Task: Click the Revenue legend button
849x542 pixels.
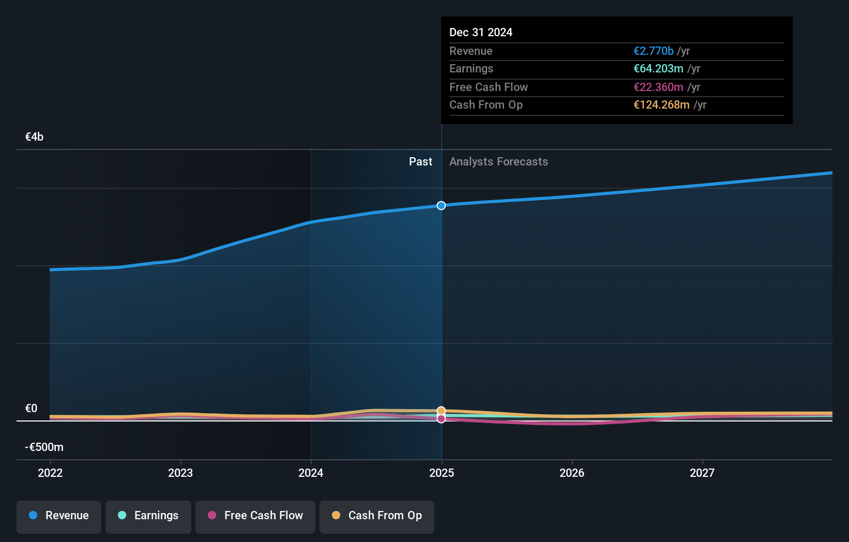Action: (x=59, y=516)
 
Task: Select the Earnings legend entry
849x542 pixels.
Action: (x=148, y=516)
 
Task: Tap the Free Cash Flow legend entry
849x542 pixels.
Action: (x=255, y=516)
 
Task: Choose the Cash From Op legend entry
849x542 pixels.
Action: (x=377, y=516)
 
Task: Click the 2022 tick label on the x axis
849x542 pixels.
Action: (x=50, y=473)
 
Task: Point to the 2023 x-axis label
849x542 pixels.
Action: (x=180, y=473)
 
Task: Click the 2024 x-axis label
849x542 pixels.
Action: (x=311, y=473)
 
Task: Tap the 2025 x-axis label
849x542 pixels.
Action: (x=442, y=473)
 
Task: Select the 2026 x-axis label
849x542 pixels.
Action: (x=572, y=473)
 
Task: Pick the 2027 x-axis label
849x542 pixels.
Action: (x=702, y=473)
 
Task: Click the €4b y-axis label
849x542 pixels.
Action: (x=34, y=137)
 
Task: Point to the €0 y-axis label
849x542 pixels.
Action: (x=31, y=409)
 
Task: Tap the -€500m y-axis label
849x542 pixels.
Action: (x=44, y=447)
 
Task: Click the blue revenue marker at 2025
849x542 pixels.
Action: (x=441, y=206)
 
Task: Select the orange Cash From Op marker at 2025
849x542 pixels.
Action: (x=441, y=411)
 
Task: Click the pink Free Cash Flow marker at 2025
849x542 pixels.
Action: (x=441, y=419)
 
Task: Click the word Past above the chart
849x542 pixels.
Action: (x=420, y=162)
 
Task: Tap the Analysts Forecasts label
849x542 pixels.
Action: (x=498, y=162)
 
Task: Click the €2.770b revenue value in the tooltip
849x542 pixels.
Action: (x=654, y=51)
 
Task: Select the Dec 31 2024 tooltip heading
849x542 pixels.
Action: (x=481, y=33)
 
